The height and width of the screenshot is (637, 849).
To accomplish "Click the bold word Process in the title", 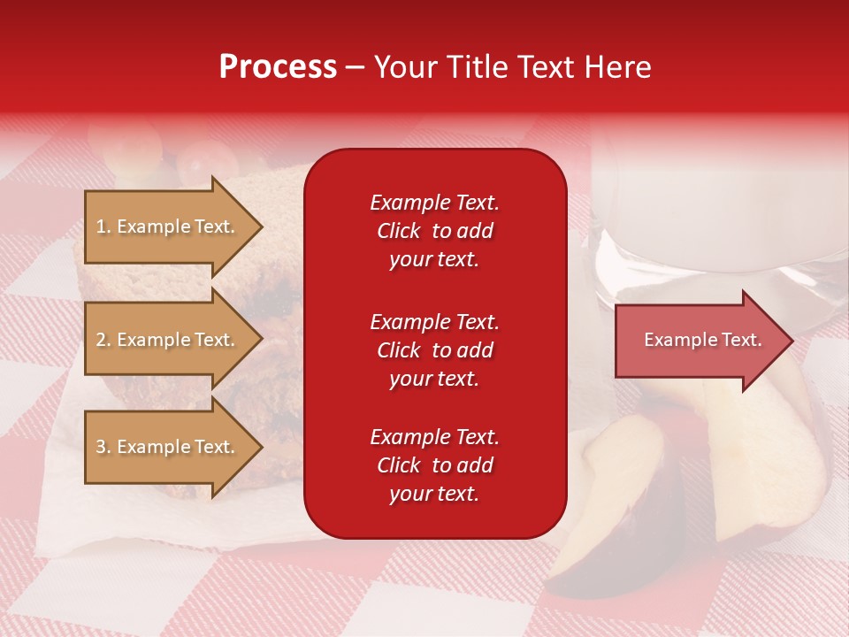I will (x=278, y=67).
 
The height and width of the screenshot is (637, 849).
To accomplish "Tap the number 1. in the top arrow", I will (x=103, y=226).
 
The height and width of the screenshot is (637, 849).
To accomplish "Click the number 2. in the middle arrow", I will (x=103, y=340).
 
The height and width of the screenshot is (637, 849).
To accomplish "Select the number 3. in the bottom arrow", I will (x=103, y=447).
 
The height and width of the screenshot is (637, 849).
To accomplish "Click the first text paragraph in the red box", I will (x=434, y=231).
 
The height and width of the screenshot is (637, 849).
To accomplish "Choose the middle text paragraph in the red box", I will (x=434, y=350).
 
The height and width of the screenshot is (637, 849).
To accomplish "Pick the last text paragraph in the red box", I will (x=434, y=465).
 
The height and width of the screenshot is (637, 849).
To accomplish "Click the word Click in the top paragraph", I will (x=399, y=231).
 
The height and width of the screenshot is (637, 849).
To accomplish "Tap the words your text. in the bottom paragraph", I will (x=434, y=494).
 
